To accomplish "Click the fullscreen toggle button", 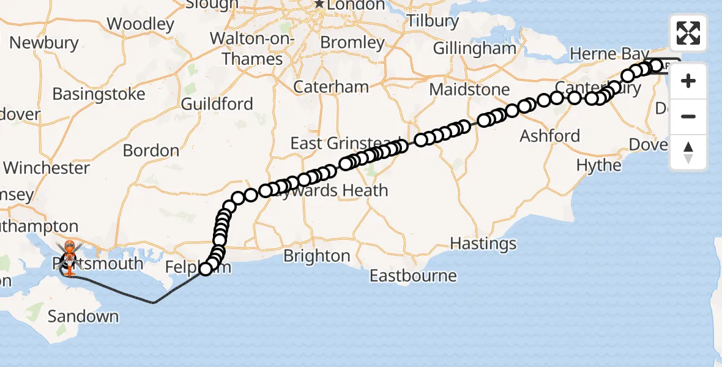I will (688, 33).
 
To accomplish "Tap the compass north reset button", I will (688, 152).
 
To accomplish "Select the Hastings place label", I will (483, 243).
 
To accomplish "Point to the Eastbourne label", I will (413, 275).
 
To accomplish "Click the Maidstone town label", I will (469, 89).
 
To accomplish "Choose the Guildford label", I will (217, 104).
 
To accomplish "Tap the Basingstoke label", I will (99, 94).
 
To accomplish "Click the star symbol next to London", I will (319, 4).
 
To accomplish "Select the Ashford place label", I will (550, 136).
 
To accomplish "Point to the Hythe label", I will (599, 165).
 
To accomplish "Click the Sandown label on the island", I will (83, 316).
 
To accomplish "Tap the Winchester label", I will (47, 167).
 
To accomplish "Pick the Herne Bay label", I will (600, 54).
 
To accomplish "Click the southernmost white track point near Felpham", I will (206, 269).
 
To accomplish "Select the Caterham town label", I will (331, 86).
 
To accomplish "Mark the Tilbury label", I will (433, 21).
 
